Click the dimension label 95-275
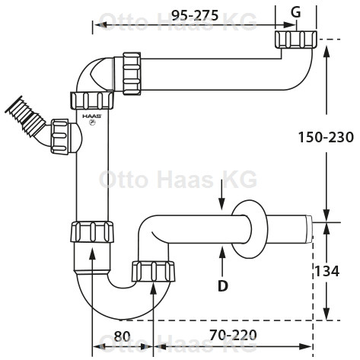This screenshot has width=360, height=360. point(195,16)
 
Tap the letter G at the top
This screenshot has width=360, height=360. point(296,12)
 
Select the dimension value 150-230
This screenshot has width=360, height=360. point(326,137)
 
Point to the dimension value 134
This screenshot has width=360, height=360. point(327,271)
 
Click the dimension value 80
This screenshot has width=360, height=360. point(122,336)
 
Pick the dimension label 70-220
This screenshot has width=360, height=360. point(233,335)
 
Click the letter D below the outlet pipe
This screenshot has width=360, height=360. point(223,286)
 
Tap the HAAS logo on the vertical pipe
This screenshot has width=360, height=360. point(92,116)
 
